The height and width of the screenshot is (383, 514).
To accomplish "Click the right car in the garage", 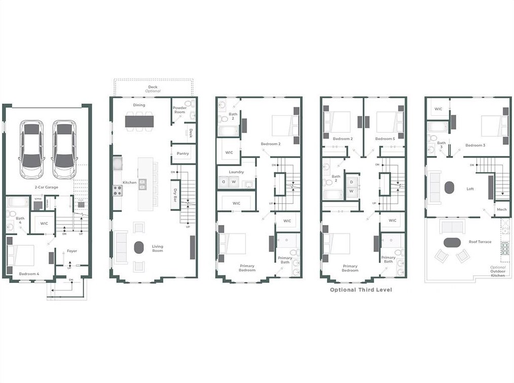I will tap(64, 149).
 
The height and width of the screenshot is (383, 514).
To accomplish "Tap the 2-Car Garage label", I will tap(46, 187).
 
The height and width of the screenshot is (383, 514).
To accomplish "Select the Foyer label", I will tap(72, 251).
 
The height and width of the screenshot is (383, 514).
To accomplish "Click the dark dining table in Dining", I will tap(139, 121).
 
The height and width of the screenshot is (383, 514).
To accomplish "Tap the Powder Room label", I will tap(179, 110).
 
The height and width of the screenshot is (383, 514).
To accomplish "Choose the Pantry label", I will tap(182, 153).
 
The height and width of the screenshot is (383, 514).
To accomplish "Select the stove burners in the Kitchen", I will tap(117, 190).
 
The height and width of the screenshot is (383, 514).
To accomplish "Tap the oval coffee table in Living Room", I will tap(139, 247).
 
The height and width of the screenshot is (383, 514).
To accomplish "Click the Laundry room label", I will tap(236, 172).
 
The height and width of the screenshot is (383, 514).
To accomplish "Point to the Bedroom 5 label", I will tap(385, 139).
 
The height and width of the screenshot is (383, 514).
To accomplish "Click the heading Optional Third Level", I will tap(361, 290).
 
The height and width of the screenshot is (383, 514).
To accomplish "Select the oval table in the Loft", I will tap(450, 187).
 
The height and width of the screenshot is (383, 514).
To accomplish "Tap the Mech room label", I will tap(501, 210).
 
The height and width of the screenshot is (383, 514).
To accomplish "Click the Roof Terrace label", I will tap(481, 242).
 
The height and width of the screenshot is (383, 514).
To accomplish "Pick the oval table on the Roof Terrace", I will tap(452, 242).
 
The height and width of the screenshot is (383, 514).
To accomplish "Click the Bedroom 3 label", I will tap(475, 145).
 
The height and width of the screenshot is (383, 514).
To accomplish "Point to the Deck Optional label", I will tap(153, 89).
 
